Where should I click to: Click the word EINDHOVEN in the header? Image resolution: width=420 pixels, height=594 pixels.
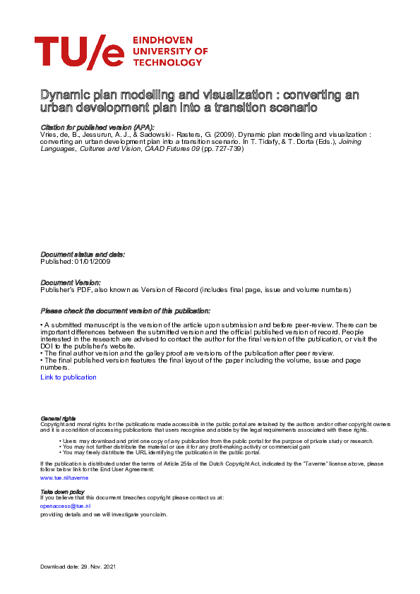point(164,41)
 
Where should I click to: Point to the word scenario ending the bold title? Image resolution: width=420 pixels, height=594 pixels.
point(290,108)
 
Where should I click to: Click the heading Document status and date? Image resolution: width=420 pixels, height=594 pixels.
point(83,254)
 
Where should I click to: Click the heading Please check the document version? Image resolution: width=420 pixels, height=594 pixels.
point(125,311)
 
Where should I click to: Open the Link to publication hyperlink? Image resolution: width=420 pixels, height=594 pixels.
point(68,377)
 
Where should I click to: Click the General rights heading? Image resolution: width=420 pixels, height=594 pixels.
point(58,418)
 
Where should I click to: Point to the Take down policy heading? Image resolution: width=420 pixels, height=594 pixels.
point(62,491)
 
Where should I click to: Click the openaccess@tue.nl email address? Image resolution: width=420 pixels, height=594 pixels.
point(65,506)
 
